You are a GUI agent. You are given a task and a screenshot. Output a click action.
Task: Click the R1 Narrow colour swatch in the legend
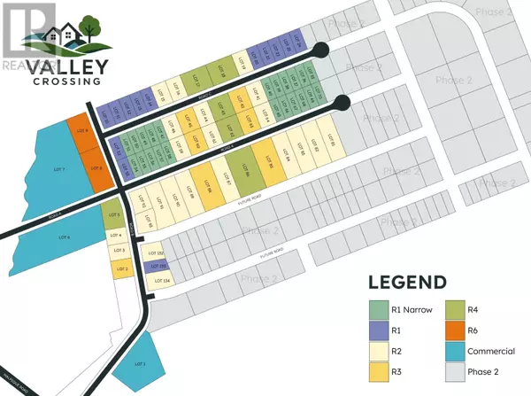point(377,308)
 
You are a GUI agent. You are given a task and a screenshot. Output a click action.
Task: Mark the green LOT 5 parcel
point(112,215)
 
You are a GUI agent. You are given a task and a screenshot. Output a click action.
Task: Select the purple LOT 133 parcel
point(157,266)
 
